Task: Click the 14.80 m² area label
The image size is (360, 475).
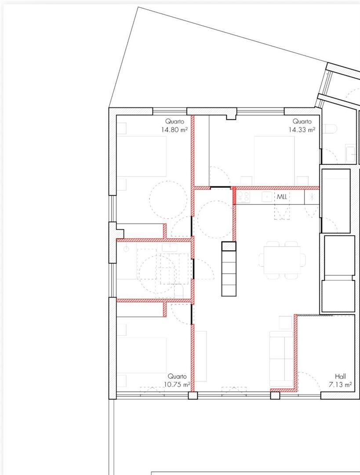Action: pyautogui.click(x=174, y=130)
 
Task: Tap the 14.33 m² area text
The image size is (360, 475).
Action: pyautogui.click(x=302, y=130)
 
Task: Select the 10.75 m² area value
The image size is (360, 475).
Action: pyautogui.click(x=177, y=385)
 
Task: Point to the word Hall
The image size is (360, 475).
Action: pyautogui.click(x=340, y=376)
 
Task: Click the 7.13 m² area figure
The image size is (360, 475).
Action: pyautogui.click(x=340, y=385)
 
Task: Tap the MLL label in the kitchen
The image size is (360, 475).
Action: pyautogui.click(x=282, y=197)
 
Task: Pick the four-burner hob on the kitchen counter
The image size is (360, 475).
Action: pyautogui.click(x=244, y=197)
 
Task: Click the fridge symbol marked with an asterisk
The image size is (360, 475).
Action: pyautogui.click(x=312, y=197)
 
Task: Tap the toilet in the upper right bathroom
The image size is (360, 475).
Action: pyautogui.click(x=330, y=129)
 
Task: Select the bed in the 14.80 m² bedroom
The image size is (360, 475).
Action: pyautogui.click(x=142, y=156)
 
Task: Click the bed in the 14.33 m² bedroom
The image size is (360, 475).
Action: pyautogui.click(x=274, y=161)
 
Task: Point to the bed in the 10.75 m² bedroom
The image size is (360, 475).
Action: pyautogui.click(x=142, y=358)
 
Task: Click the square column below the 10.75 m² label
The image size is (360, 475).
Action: pyautogui.click(x=193, y=395)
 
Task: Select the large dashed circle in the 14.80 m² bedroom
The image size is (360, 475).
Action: pyautogui.click(x=168, y=200)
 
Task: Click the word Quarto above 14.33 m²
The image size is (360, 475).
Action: pyautogui.click(x=302, y=121)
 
